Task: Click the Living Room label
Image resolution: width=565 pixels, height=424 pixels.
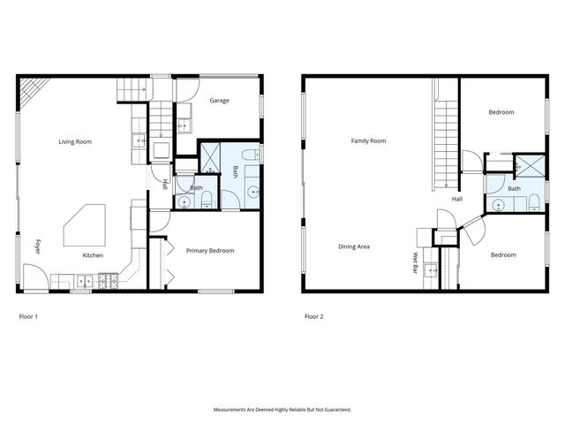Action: (x=75, y=141)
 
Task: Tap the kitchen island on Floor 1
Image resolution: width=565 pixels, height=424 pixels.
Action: (x=85, y=226)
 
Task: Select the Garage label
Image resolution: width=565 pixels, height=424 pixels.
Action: (x=219, y=101)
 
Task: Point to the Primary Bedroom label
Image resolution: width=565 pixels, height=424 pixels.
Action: (x=210, y=251)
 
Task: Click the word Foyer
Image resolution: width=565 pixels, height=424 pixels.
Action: (x=37, y=246)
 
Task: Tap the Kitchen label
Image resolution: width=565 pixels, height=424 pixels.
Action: (x=93, y=255)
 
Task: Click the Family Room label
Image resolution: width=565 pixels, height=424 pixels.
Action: (x=368, y=141)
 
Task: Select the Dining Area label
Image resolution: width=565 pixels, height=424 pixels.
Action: (x=353, y=246)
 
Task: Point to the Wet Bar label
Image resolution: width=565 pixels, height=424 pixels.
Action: (x=415, y=262)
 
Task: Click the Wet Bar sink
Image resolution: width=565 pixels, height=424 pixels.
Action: (x=430, y=270)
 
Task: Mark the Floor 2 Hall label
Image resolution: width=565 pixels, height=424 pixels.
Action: (x=457, y=200)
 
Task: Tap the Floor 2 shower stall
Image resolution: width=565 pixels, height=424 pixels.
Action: (x=530, y=163)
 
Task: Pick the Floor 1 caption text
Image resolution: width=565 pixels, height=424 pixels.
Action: (x=28, y=316)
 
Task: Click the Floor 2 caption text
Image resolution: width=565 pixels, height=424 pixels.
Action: (x=313, y=316)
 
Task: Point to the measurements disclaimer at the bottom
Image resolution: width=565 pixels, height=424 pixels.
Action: (x=282, y=410)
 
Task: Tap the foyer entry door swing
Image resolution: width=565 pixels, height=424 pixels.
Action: (x=35, y=283)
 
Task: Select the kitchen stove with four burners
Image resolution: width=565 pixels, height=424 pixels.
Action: (x=109, y=282)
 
